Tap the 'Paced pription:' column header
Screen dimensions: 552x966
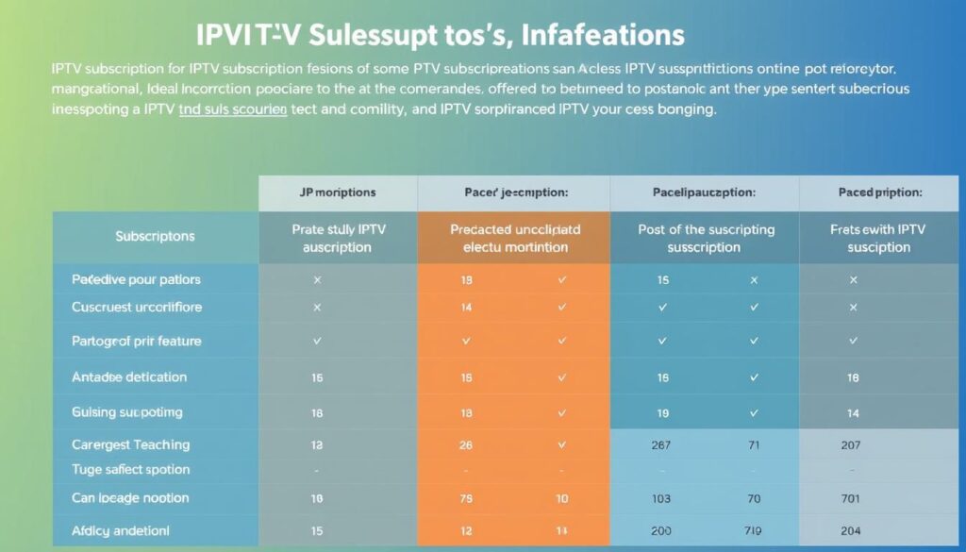pyautogui.click(x=878, y=192)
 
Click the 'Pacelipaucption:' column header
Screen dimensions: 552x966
pyautogui.click(x=703, y=192)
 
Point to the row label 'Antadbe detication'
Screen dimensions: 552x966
pyautogui.click(x=129, y=377)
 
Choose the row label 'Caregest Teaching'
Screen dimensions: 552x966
pyautogui.click(x=130, y=444)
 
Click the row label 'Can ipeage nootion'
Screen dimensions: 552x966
pyautogui.click(x=130, y=498)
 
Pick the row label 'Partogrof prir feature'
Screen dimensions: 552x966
pyautogui.click(x=136, y=341)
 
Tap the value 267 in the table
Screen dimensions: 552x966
pyautogui.click(x=661, y=444)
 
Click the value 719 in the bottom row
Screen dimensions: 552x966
pyautogui.click(x=753, y=531)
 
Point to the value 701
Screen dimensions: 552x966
pyautogui.click(x=852, y=498)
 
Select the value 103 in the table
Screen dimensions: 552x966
pyautogui.click(x=661, y=498)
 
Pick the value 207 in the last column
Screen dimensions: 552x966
pyautogui.click(x=852, y=444)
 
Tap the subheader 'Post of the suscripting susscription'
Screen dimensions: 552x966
pyautogui.click(x=706, y=238)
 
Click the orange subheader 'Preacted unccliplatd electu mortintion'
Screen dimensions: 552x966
pyautogui.click(x=515, y=238)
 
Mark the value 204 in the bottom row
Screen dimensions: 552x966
pyautogui.click(x=852, y=531)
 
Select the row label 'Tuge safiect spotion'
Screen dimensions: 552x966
pyautogui.click(x=130, y=470)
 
